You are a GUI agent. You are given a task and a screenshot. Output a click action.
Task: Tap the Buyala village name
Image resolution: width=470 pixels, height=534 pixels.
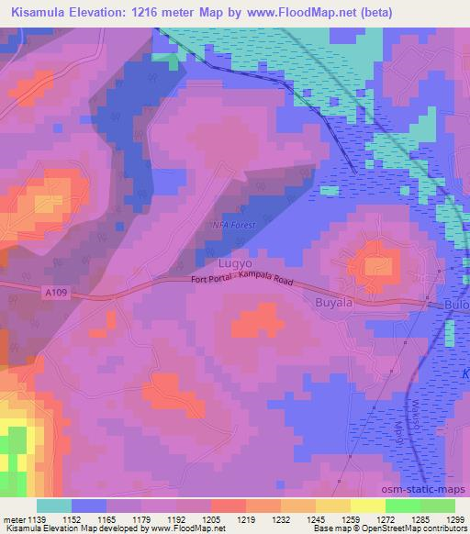pos(333,301)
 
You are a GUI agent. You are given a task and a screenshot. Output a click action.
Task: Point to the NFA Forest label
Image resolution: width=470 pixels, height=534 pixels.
pos(229,224)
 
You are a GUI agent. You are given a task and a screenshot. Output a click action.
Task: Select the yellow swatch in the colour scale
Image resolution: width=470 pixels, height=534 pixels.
pos(368,506)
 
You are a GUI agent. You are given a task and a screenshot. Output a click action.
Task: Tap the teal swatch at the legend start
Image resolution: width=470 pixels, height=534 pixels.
pos(54,506)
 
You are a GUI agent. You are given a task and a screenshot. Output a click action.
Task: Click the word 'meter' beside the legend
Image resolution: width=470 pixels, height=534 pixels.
pos(17,518)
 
